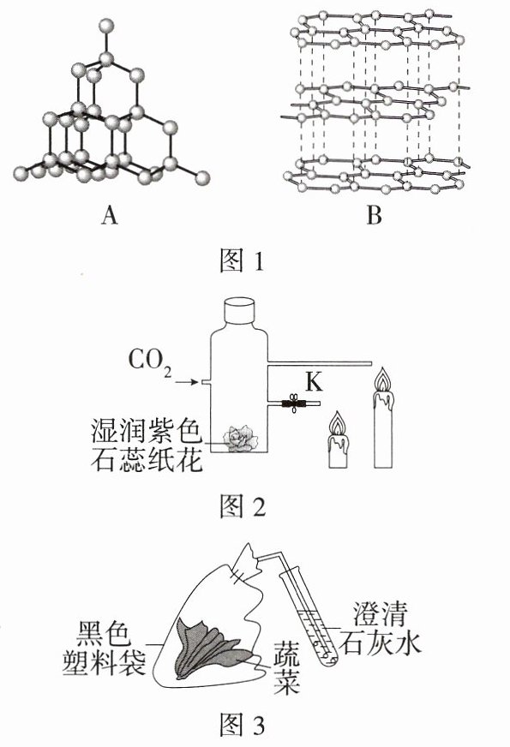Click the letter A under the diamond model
click(x=109, y=216)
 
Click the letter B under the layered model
click(x=375, y=216)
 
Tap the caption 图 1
click(x=242, y=260)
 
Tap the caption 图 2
click(x=242, y=506)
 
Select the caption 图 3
click(x=242, y=725)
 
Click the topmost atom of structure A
click(x=106, y=25)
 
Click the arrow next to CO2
click(x=186, y=382)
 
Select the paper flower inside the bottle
click(x=241, y=438)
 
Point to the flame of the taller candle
click(x=384, y=380)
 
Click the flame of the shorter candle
click(x=338, y=423)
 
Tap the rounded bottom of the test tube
click(x=327, y=661)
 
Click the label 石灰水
click(x=380, y=642)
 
